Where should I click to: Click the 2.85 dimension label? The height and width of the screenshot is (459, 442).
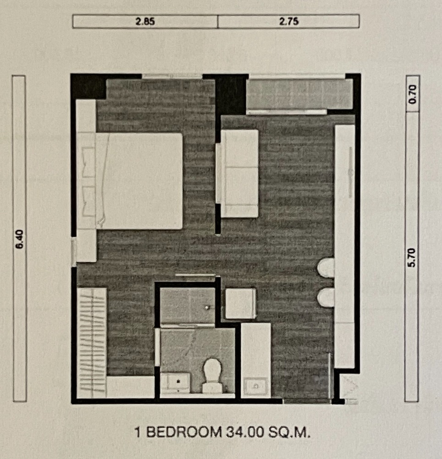145,22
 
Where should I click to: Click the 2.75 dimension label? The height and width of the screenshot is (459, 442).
289,22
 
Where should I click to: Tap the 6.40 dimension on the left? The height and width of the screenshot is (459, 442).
20,239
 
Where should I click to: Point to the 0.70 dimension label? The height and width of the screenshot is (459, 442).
413,94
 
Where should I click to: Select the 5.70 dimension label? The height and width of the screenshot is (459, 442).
412,257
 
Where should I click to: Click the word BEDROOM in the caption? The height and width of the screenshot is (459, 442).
184,432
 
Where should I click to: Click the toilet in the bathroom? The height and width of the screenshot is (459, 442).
213,375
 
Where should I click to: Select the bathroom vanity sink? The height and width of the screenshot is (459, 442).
175,383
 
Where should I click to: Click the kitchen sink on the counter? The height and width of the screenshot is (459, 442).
256,386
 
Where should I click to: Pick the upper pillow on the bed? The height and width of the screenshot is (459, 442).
88,162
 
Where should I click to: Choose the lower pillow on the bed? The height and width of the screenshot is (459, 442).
88,202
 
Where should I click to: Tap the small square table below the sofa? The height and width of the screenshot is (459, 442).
241,303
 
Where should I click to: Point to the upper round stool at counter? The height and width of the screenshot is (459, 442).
326,268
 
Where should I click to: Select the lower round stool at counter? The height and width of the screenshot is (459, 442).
326,297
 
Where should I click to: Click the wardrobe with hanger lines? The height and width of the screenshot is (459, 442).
92,343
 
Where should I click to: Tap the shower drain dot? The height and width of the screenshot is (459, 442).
207,308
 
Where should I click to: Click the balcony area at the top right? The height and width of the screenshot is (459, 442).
299,94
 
